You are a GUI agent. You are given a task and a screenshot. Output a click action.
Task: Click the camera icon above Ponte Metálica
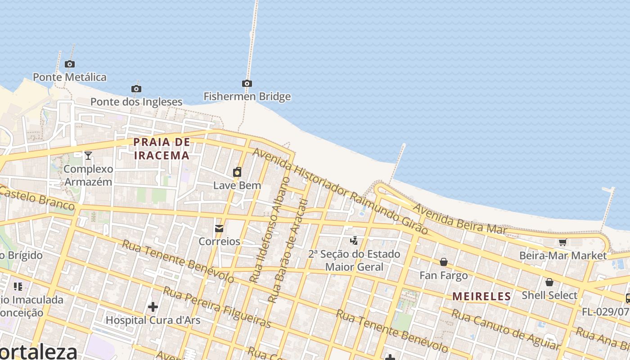[x=69, y=64]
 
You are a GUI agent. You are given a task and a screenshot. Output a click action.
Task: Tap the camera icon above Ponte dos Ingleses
[x=136, y=89]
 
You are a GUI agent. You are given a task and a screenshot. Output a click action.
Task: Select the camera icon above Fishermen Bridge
[x=247, y=83]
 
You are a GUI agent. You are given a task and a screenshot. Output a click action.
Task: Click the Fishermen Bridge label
[x=247, y=96]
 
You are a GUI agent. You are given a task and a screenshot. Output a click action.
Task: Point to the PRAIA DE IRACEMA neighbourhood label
[x=162, y=149]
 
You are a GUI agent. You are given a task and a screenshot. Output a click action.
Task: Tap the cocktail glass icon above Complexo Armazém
[x=88, y=156]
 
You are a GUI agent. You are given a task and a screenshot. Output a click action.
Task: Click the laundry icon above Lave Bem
[x=237, y=172]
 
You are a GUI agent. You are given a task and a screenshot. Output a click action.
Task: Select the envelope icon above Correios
[x=219, y=229]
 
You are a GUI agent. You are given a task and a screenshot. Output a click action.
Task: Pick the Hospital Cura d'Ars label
[x=153, y=320]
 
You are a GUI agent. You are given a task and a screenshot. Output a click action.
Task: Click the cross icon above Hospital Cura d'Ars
[x=153, y=307]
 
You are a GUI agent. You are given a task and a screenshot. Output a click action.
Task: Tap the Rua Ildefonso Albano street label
[x=270, y=229]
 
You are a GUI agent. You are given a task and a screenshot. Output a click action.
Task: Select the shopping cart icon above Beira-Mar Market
[x=562, y=243]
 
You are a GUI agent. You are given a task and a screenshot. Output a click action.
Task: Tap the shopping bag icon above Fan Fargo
[x=444, y=262]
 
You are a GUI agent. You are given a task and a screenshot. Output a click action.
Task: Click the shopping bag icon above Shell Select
[x=549, y=282]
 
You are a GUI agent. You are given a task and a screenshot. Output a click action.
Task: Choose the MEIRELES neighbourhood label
[x=481, y=297]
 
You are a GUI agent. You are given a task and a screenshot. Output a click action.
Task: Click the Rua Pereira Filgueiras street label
[x=217, y=307]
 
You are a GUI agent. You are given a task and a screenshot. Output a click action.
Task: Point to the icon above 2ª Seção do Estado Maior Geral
[x=355, y=241]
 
